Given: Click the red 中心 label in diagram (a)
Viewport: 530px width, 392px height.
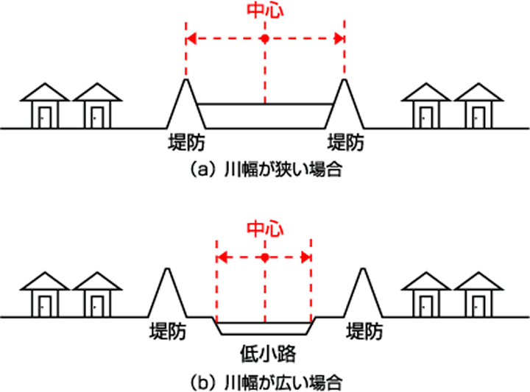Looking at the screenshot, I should coord(265,11).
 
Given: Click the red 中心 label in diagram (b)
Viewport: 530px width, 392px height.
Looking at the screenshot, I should coord(264,229).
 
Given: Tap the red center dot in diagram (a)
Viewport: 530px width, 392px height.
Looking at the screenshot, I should coord(265,38).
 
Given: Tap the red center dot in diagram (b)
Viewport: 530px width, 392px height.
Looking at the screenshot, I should coord(264,257).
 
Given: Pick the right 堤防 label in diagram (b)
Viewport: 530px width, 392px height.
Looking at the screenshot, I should coord(364,332).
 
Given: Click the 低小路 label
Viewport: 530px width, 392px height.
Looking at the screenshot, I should coord(265,354).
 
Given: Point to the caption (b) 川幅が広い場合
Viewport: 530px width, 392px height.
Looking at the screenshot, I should coord(265,382).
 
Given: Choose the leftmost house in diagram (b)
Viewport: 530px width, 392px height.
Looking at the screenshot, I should coord(44,296).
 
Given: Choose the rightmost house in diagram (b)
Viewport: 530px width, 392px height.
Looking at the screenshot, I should coord(479,296).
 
